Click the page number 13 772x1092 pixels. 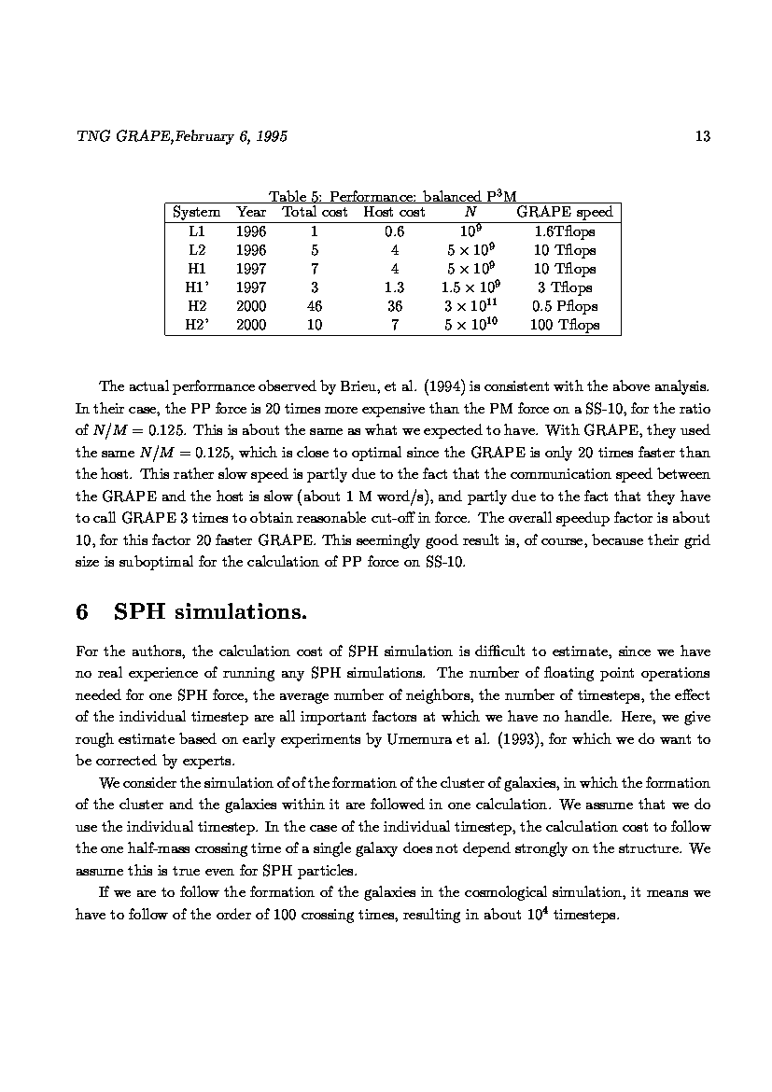coord(703,137)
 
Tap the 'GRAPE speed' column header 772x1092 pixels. coord(564,213)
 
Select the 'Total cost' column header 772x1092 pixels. coord(315,213)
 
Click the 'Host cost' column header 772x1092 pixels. coord(394,213)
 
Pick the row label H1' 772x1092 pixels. coord(196,287)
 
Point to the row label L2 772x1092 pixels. coord(196,250)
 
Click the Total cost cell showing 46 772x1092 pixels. coord(315,306)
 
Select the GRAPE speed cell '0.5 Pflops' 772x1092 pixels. coord(564,306)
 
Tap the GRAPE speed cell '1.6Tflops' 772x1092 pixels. coord(564,231)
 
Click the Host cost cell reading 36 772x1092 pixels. coord(394,306)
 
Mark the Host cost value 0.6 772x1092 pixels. coord(394,231)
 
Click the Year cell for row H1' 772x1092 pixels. coord(251,287)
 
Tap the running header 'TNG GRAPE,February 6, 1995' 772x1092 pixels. coord(181,137)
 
